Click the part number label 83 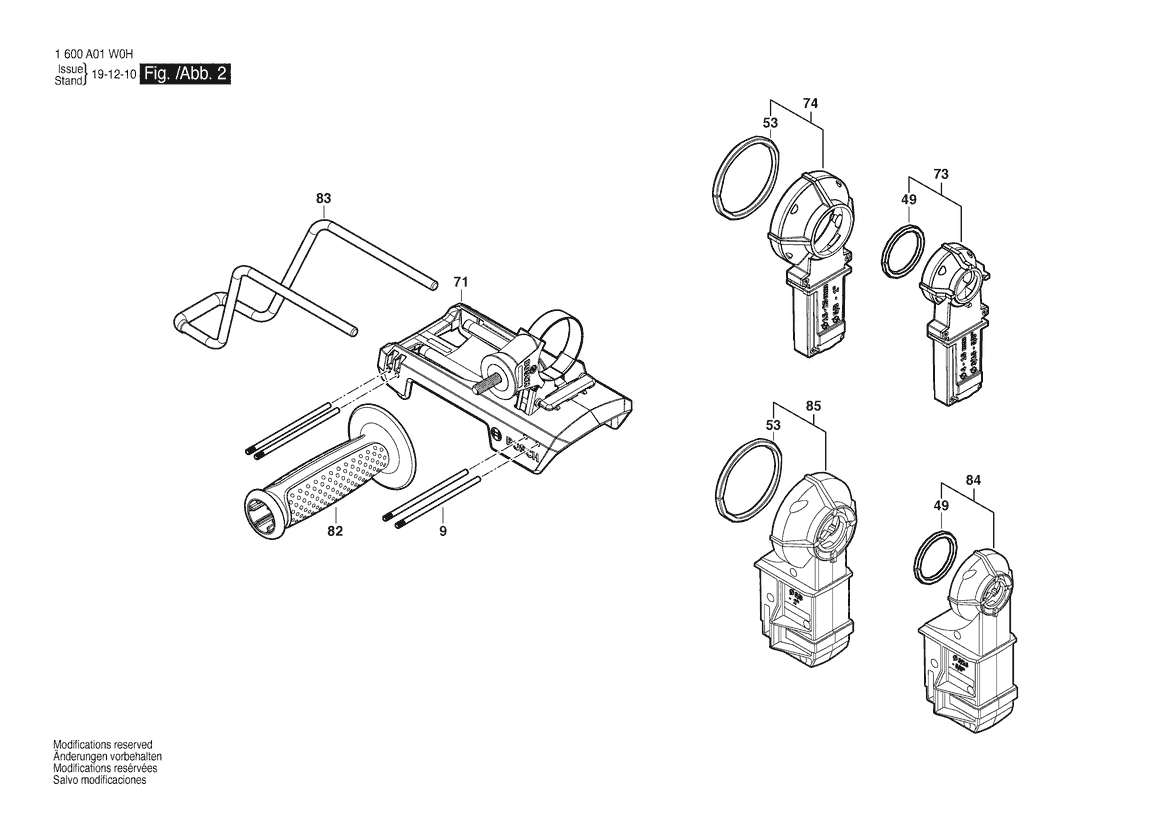323,199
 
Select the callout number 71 460,282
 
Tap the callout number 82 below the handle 335,531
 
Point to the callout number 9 442,531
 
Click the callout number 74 810,103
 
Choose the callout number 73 940,174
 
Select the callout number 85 813,406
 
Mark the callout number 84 973,481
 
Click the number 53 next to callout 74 770,122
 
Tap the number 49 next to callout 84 940,506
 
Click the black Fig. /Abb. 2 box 187,75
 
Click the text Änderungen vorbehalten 107,757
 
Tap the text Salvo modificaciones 99,780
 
